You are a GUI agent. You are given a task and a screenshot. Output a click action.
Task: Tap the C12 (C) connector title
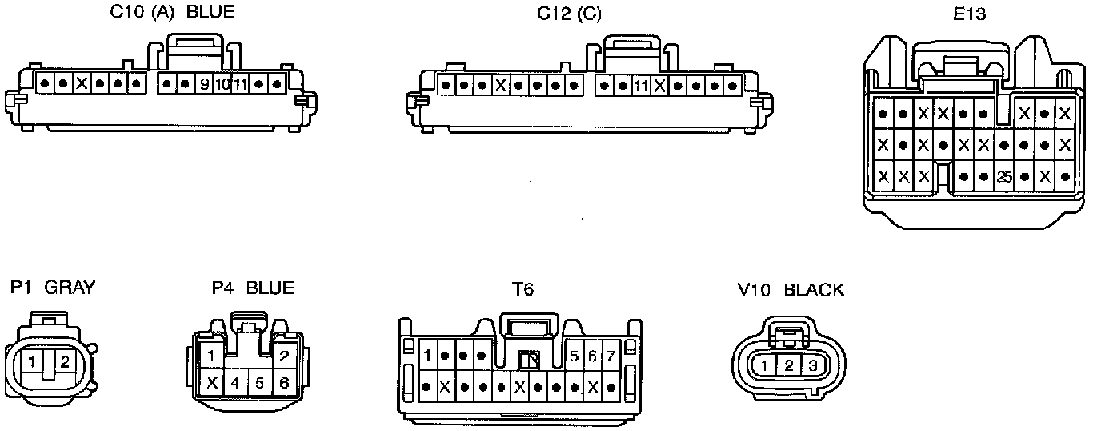click(x=569, y=14)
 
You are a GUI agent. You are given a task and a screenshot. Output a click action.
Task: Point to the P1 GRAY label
click(x=53, y=288)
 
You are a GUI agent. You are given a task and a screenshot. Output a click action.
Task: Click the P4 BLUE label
click(x=253, y=288)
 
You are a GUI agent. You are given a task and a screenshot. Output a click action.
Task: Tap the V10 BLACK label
click(x=791, y=289)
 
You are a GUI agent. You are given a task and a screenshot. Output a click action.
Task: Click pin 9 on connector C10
click(x=204, y=83)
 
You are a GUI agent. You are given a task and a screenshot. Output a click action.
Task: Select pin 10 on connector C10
click(x=222, y=83)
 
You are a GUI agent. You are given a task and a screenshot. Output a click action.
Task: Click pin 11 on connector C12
click(x=640, y=85)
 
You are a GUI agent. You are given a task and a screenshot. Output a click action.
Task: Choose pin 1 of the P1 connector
click(x=31, y=363)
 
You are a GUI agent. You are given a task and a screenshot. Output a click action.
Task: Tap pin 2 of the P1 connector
click(x=65, y=363)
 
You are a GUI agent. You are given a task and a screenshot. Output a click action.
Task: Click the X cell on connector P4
click(x=211, y=382)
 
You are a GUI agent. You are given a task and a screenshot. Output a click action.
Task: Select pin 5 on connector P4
click(x=260, y=383)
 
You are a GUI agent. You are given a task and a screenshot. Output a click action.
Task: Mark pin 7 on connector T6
click(x=611, y=356)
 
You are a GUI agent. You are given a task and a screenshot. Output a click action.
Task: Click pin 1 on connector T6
click(x=428, y=356)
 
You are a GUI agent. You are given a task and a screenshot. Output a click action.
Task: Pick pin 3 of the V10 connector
click(x=813, y=366)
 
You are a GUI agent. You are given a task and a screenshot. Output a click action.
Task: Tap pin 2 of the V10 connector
click(x=789, y=366)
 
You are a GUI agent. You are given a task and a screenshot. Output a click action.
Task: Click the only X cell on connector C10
click(x=81, y=83)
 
